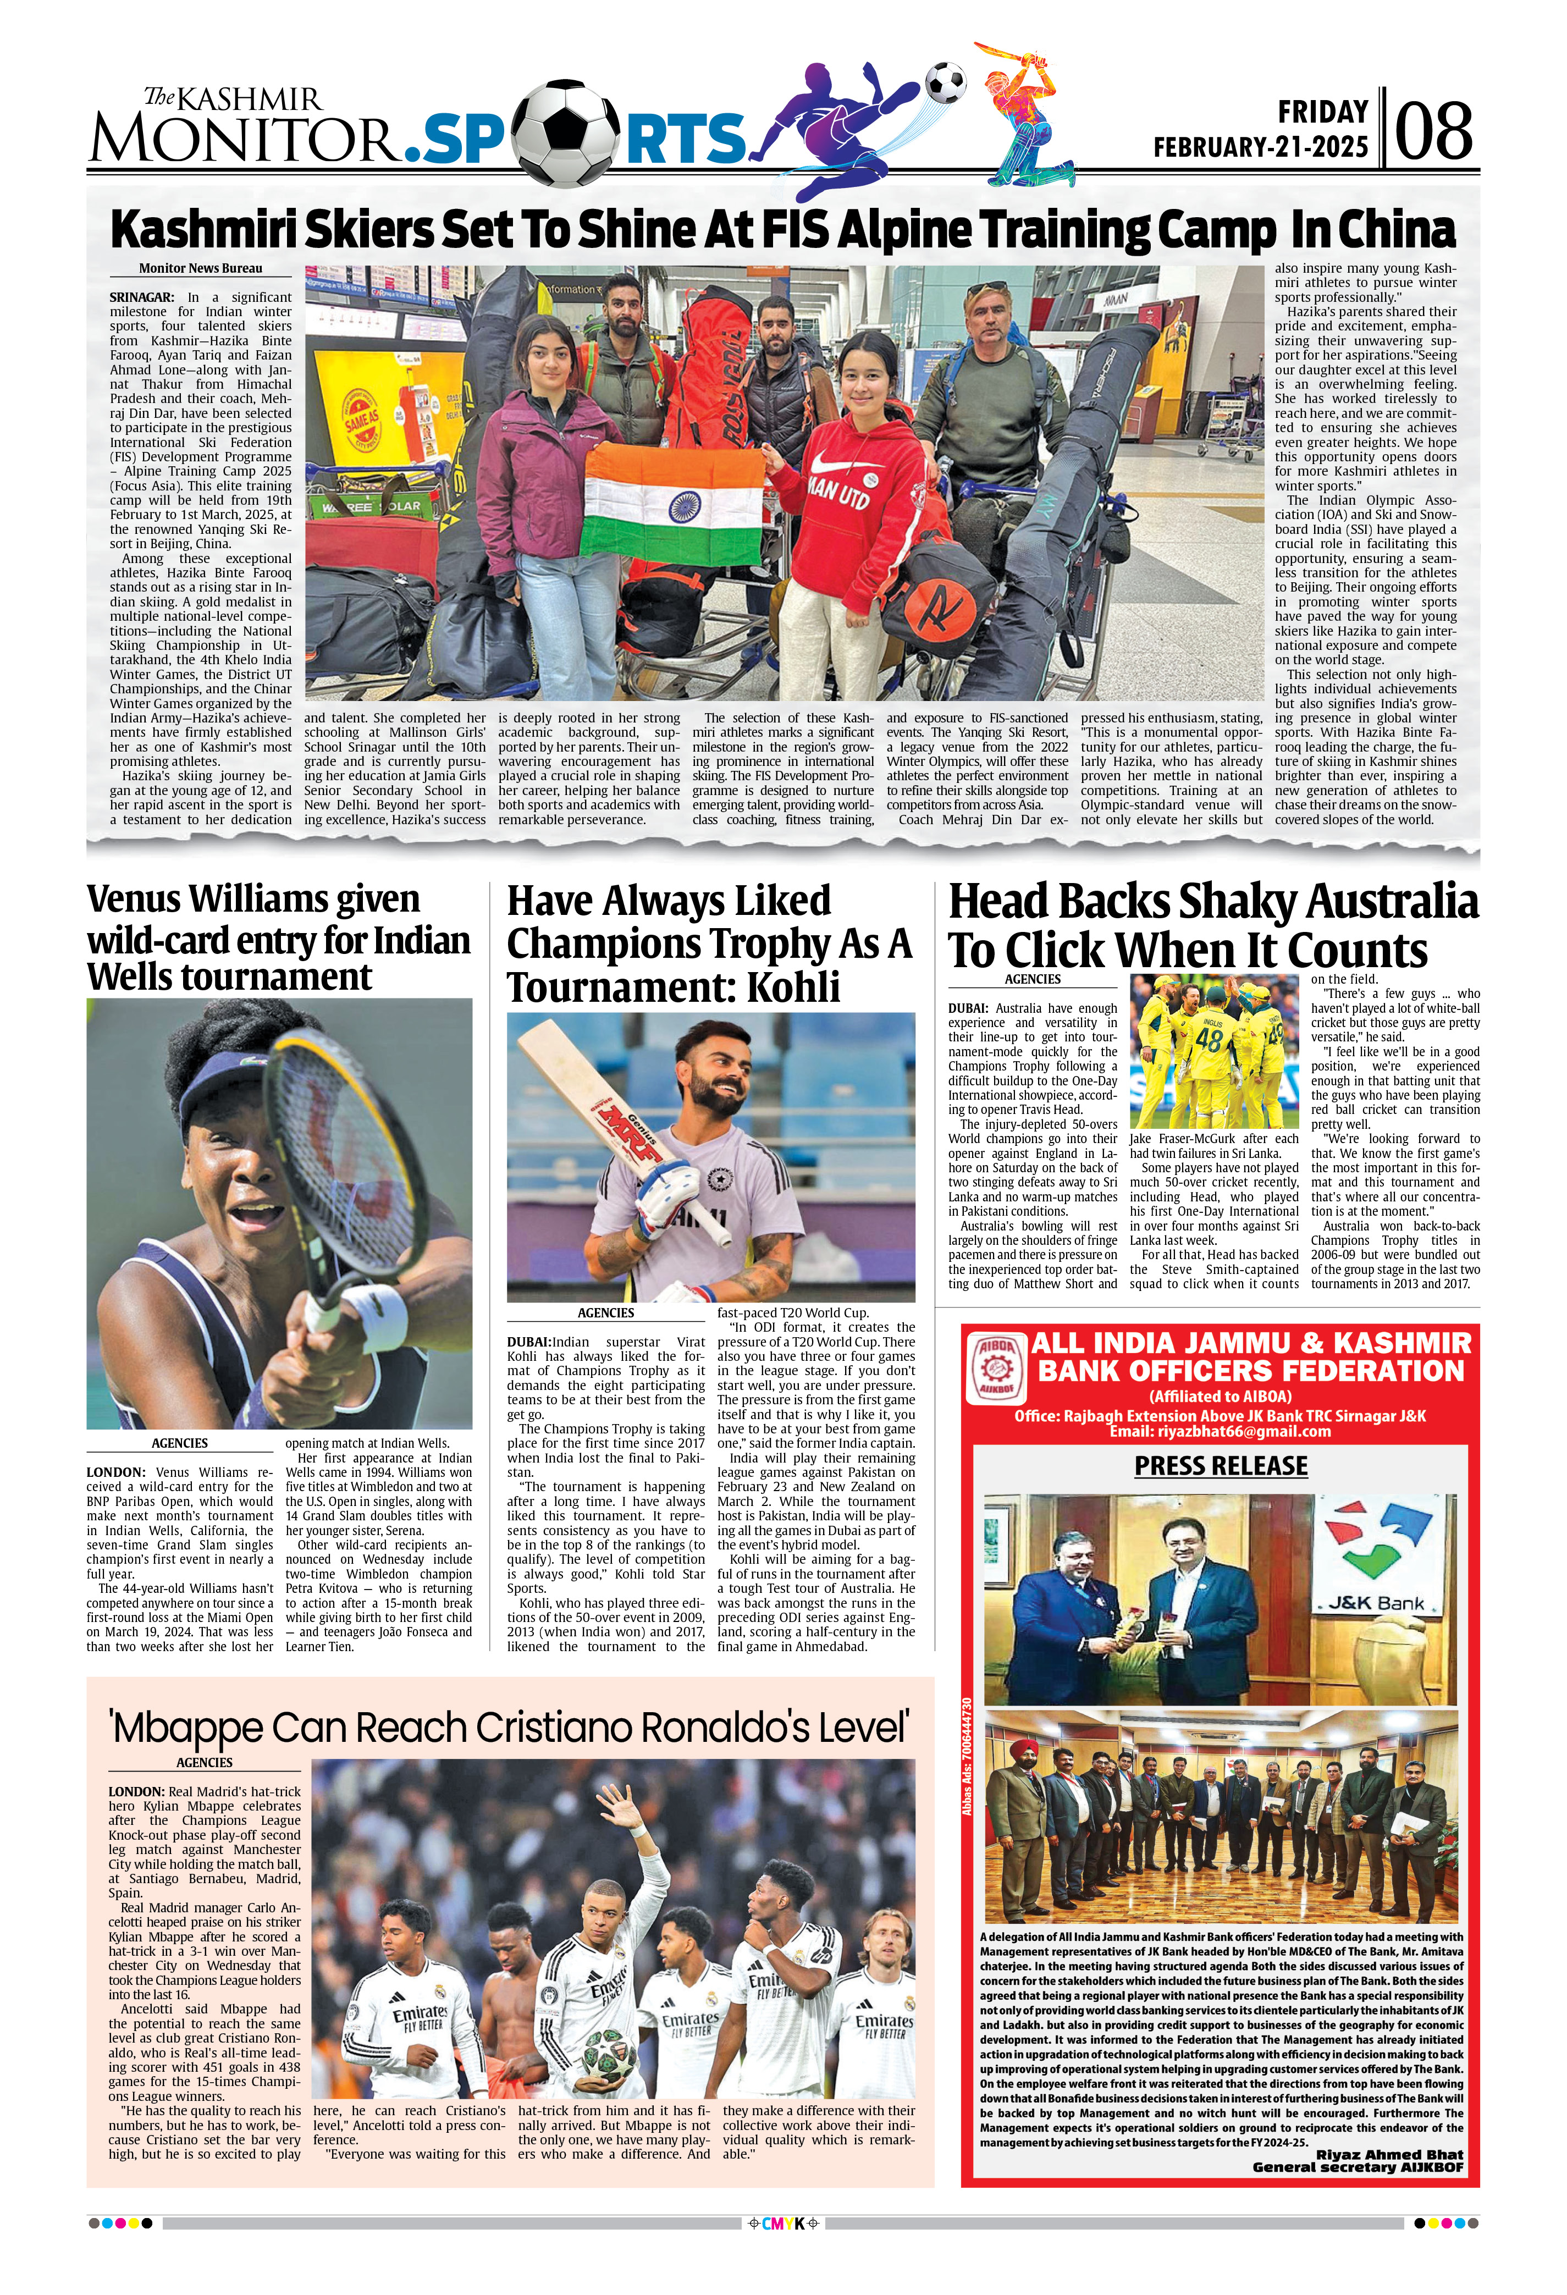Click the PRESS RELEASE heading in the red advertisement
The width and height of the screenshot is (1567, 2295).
coord(1221,1465)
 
